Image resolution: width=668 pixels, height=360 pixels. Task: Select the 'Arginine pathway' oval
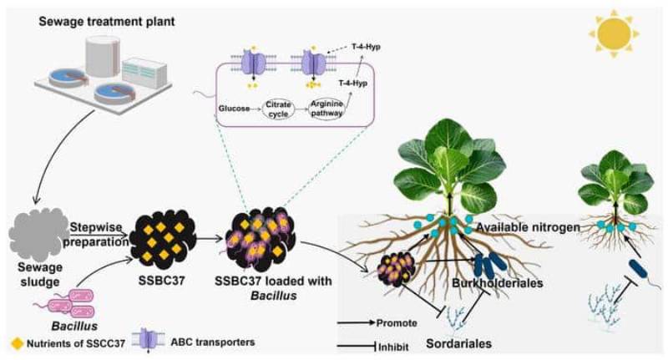coord(328,109)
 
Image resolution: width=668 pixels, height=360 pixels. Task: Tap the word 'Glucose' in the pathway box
coord(235,109)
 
